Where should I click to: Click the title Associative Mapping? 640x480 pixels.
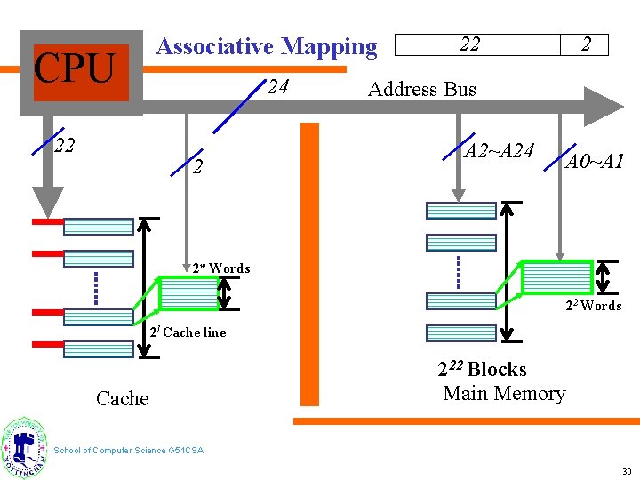click(x=266, y=46)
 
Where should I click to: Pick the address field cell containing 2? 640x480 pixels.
click(x=585, y=44)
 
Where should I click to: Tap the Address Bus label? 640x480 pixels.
click(x=421, y=89)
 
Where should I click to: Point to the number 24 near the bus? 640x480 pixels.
click(x=277, y=87)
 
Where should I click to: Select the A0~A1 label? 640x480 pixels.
click(x=596, y=161)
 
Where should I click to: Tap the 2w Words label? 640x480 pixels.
click(x=221, y=268)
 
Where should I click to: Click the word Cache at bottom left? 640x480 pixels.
click(x=122, y=398)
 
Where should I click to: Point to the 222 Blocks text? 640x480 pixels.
click(x=482, y=369)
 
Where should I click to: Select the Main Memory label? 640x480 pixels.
click(x=504, y=393)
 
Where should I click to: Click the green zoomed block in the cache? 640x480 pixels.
click(x=188, y=292)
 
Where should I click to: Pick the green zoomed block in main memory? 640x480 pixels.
click(x=556, y=276)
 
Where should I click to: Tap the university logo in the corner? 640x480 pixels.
click(x=25, y=448)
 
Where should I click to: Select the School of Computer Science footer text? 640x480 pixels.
click(x=129, y=451)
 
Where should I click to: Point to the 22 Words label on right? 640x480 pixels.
click(x=594, y=306)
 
